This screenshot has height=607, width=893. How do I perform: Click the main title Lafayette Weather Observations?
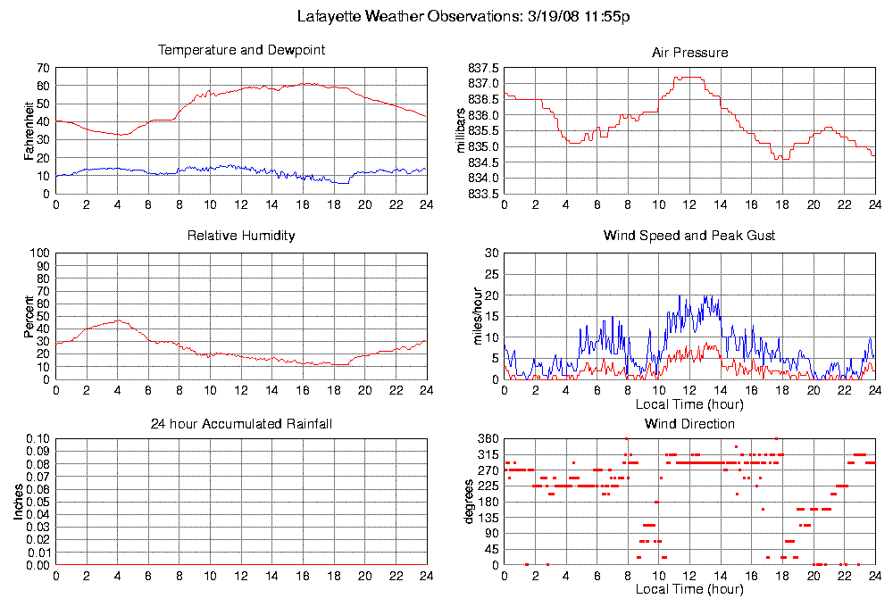point(463,17)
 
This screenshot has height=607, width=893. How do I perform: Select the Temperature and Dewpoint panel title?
point(241,50)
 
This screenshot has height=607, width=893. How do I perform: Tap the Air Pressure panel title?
point(689,53)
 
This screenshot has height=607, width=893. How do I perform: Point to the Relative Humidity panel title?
point(241,236)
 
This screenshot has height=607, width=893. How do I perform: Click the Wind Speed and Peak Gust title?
point(689,236)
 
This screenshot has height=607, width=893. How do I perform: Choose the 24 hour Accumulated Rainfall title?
point(241,423)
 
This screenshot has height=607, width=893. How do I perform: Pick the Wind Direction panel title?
point(689,423)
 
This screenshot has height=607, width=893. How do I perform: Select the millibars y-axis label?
point(462,130)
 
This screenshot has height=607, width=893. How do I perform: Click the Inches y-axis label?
point(19,503)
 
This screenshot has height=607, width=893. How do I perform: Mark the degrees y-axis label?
point(470,503)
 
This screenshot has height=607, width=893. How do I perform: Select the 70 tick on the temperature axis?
point(43,68)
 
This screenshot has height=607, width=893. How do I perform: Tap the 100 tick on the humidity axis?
point(40,254)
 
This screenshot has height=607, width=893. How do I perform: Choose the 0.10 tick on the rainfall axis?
point(37,439)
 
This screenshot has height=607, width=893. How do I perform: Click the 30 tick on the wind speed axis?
point(490,254)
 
